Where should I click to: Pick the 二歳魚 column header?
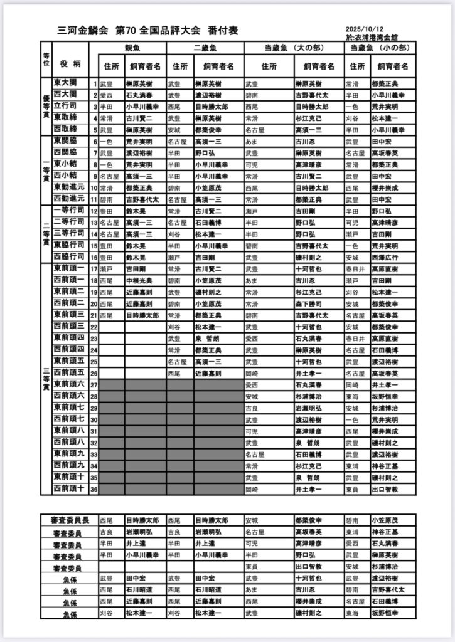point(205,48)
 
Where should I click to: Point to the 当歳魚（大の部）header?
point(293,48)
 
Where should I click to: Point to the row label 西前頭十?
point(68,488)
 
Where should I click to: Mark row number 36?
point(94,488)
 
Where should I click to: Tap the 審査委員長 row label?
point(68,520)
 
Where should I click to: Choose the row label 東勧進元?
point(68,187)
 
